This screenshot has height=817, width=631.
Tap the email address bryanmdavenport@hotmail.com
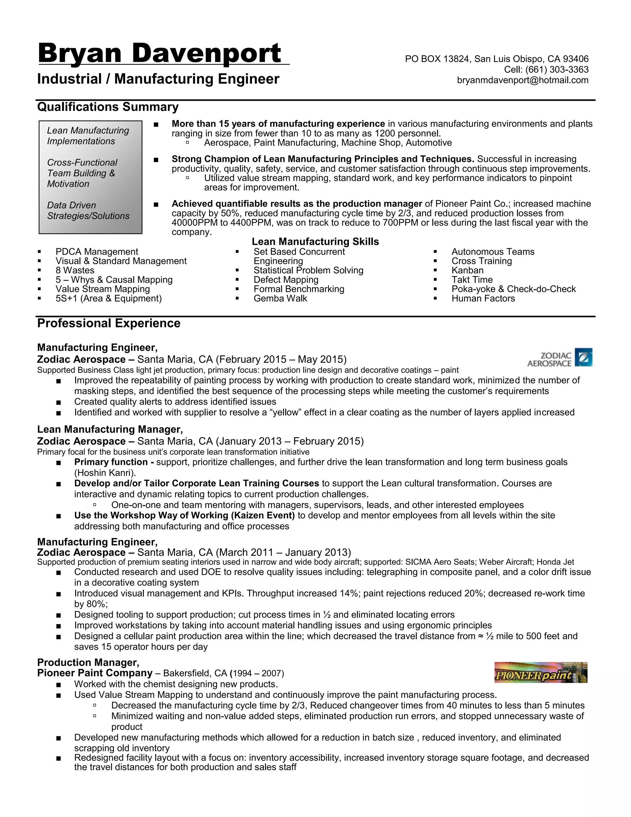coord(523,80)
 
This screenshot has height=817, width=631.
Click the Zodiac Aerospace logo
coord(560,358)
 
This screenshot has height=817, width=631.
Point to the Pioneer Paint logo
coord(540,672)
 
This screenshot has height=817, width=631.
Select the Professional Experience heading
coord(108,323)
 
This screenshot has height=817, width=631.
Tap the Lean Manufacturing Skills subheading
coord(315,242)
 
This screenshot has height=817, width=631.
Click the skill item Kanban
coord(467,270)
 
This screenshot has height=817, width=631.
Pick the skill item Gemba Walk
coord(280,298)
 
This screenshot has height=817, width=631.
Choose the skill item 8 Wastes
coord(75,270)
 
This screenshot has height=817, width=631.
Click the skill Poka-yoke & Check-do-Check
coord(513,289)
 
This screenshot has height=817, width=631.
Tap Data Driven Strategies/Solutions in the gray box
coord(88,211)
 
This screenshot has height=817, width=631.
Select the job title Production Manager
coord(88,663)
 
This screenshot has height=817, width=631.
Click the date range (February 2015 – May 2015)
coord(281,359)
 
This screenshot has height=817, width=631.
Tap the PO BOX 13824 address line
coord(496,59)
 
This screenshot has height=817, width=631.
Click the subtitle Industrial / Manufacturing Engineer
coord(158,79)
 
